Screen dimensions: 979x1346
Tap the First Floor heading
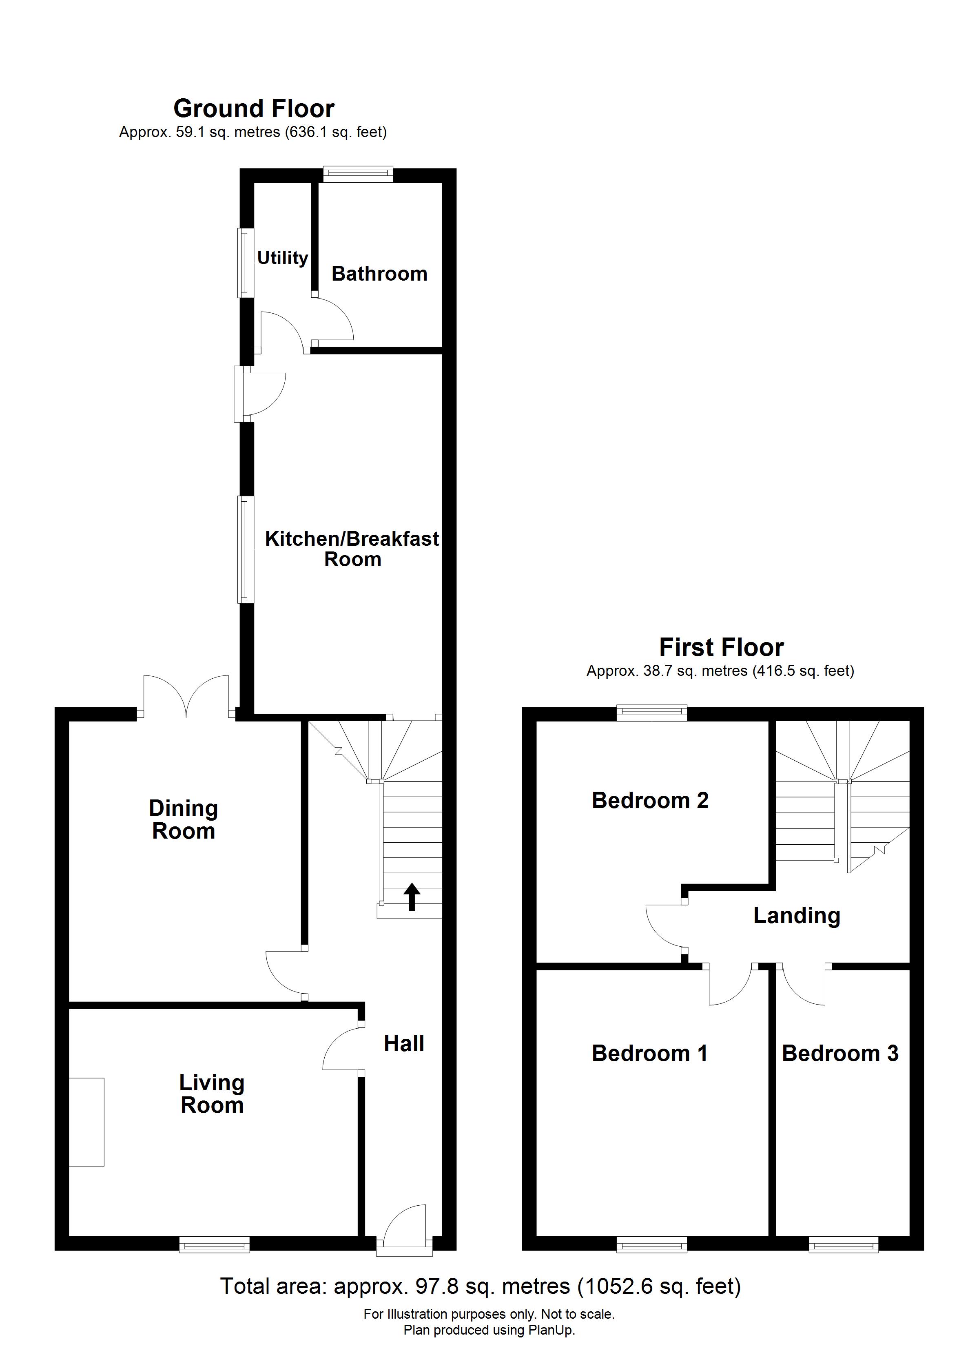(721, 647)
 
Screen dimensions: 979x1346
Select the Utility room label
(283, 258)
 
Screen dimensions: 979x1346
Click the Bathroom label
(379, 274)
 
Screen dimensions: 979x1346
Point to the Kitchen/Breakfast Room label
(352, 549)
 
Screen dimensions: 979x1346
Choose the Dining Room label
(184, 819)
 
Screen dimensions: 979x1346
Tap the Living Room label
(212, 1094)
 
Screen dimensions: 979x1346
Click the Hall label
(404, 1043)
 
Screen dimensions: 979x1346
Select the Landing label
(797, 916)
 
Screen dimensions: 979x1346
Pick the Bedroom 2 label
(650, 801)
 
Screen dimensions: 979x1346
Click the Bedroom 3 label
(840, 1054)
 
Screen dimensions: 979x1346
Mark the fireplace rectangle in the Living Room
(86, 1122)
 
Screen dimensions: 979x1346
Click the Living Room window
(214, 1244)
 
